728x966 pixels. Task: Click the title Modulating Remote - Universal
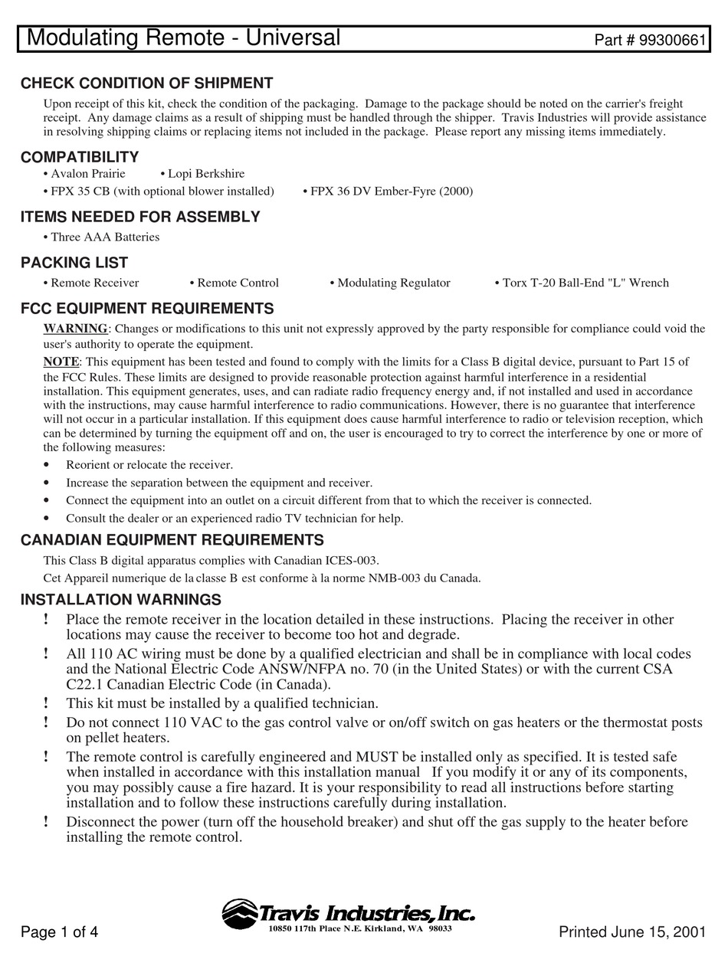(x=183, y=38)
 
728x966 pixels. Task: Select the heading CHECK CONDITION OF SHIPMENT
(x=146, y=83)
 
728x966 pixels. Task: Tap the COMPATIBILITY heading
(x=80, y=157)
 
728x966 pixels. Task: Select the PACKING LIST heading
(x=74, y=263)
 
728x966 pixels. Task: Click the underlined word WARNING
(x=75, y=329)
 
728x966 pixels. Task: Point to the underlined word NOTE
(x=61, y=362)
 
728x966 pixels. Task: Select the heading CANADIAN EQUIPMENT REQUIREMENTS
(x=172, y=540)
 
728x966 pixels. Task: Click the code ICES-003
(x=352, y=560)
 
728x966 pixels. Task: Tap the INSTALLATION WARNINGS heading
(x=121, y=600)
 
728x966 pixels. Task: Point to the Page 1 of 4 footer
(x=59, y=932)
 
